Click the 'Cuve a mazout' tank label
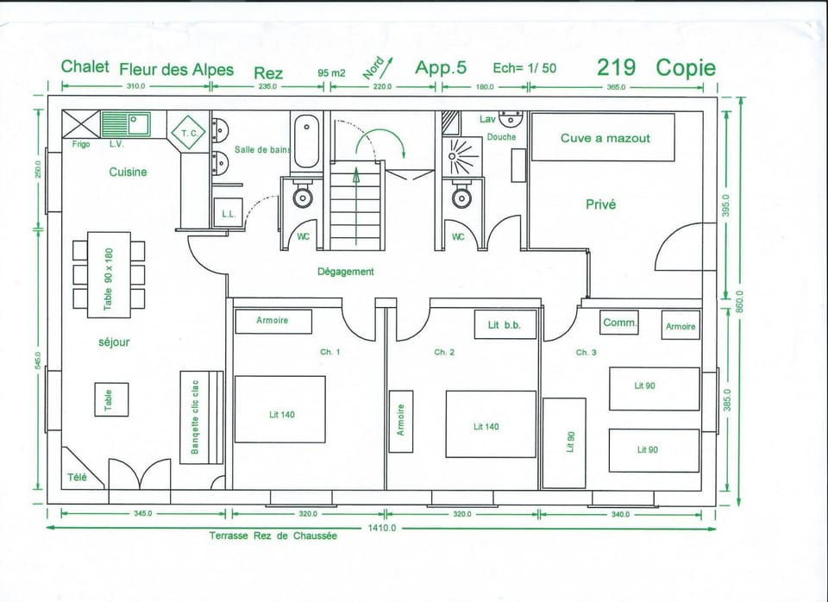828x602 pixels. [604, 138]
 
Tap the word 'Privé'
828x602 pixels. [600, 204]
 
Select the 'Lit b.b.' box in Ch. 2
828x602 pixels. [505, 324]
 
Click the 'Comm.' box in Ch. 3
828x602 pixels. [619, 323]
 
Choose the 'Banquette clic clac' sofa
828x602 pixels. [201, 417]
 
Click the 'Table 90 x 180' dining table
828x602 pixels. [109, 275]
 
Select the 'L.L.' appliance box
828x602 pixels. [228, 213]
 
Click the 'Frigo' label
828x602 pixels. [81, 144]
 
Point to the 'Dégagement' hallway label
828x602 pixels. [346, 272]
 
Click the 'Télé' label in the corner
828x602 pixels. [77, 477]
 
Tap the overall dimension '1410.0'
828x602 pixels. [381, 528]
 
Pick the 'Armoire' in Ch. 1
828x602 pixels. [273, 321]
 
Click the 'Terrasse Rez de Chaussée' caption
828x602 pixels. [273, 536]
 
